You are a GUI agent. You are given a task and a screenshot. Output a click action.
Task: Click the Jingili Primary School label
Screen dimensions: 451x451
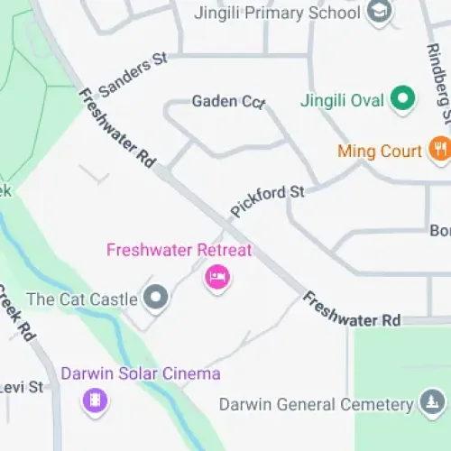(x=278, y=14)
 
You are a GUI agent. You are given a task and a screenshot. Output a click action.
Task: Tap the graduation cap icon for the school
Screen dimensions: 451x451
(x=378, y=13)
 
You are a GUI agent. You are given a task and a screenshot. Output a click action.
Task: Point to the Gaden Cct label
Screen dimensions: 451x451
(x=228, y=102)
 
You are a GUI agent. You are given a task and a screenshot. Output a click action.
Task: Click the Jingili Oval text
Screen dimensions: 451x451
(x=342, y=99)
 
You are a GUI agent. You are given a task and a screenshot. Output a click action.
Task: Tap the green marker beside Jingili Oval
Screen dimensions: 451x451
(x=402, y=98)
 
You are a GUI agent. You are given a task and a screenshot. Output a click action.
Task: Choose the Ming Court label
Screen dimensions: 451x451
(x=380, y=150)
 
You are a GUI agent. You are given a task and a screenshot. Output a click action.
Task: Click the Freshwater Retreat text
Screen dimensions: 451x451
(x=179, y=250)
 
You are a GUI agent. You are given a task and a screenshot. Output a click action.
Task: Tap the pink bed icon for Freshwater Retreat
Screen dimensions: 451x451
(x=216, y=276)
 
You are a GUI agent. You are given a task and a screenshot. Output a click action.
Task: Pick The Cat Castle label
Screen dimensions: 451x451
(x=82, y=299)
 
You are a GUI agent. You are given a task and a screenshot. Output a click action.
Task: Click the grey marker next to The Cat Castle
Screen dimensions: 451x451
(x=157, y=297)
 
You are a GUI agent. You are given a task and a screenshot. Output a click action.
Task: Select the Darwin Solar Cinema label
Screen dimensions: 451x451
(x=140, y=373)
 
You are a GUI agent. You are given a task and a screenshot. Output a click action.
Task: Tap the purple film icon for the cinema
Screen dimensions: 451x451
(x=94, y=399)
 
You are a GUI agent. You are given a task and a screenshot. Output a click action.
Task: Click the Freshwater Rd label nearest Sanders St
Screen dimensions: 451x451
(x=117, y=126)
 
